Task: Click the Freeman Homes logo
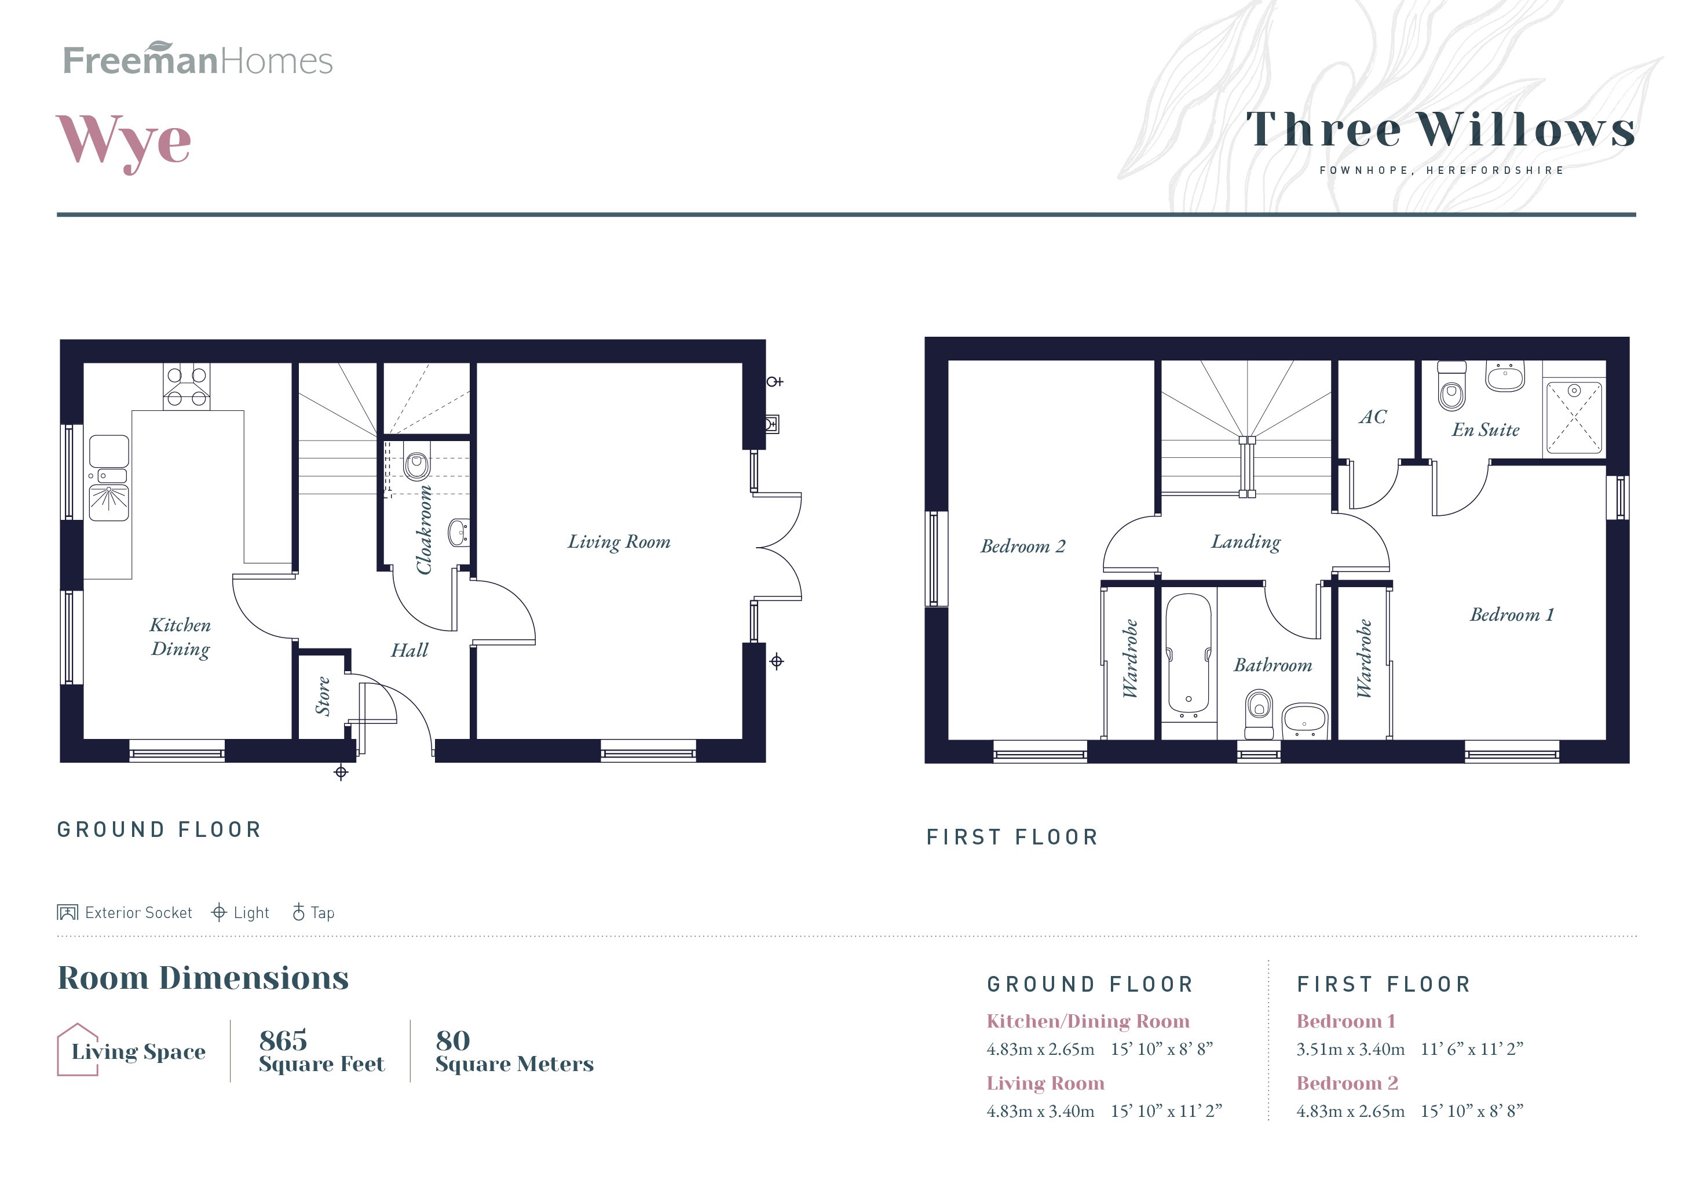click(198, 60)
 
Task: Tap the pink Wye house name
click(124, 141)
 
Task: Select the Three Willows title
click(1440, 130)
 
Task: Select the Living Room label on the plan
click(619, 542)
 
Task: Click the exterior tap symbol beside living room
click(773, 381)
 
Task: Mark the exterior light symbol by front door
click(341, 773)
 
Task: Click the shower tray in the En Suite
click(1574, 417)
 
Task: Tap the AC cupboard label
click(1372, 417)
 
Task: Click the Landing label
click(1245, 542)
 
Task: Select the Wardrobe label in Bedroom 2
click(1129, 659)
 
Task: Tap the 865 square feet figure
click(283, 1040)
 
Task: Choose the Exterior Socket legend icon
click(67, 912)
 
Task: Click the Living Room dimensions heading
click(1045, 1083)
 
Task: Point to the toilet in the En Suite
click(1451, 389)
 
